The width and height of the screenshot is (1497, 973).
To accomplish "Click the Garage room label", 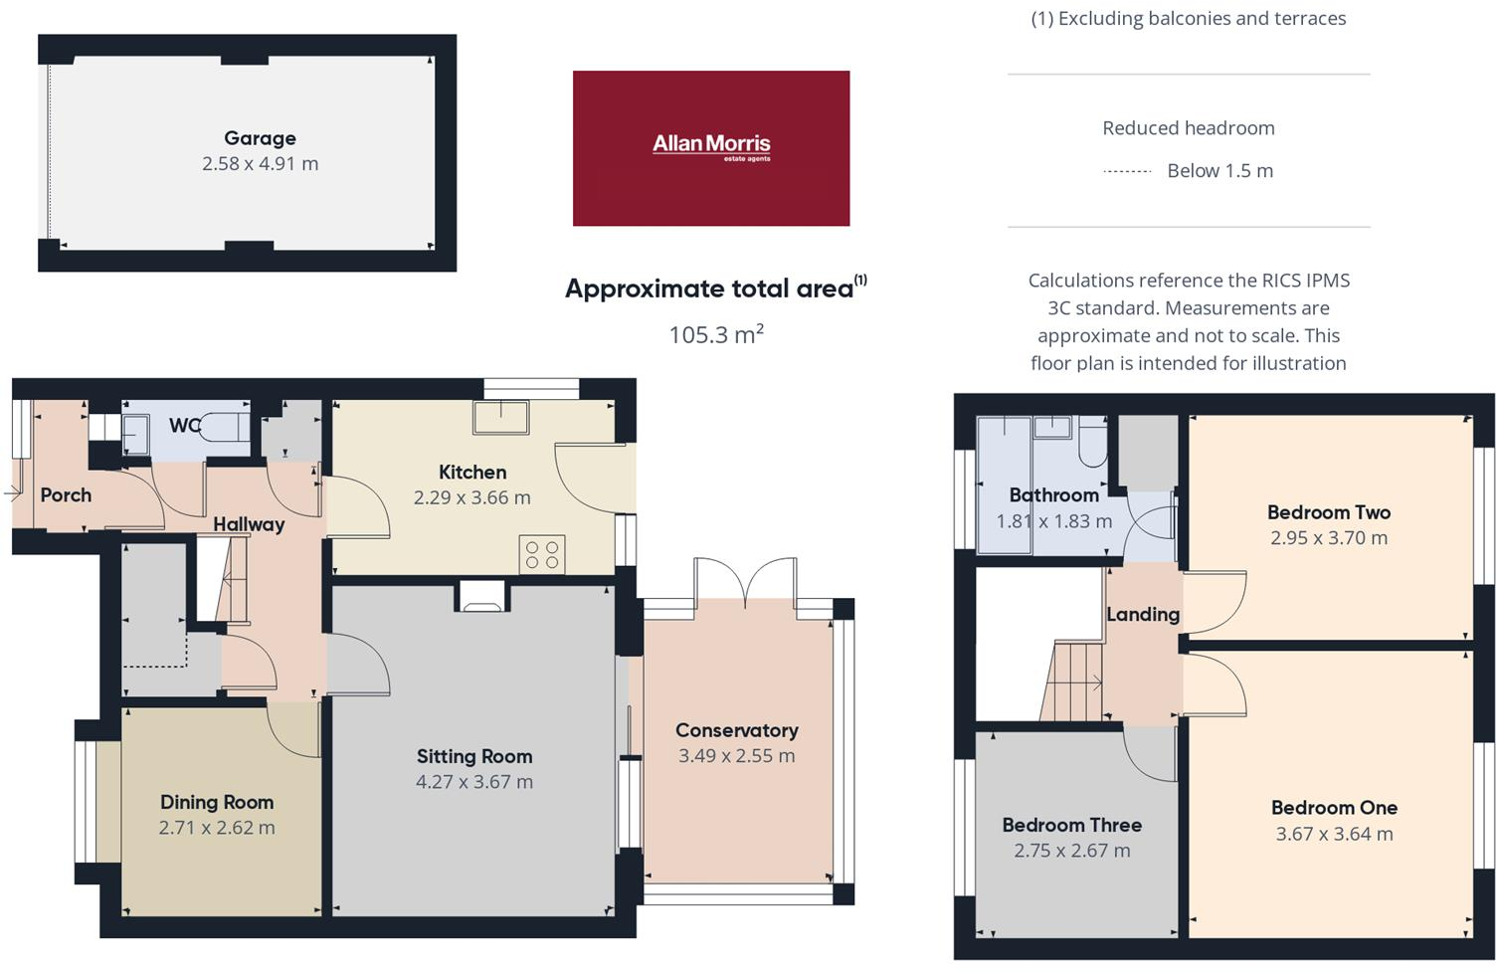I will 260,138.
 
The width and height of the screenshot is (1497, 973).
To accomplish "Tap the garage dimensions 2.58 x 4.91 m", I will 260,164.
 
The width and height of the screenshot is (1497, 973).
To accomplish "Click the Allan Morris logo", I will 711,147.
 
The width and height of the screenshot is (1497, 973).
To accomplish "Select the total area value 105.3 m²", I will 715,334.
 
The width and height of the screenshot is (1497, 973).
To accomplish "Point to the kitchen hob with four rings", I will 542,555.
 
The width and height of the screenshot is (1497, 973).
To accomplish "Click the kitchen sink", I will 501,417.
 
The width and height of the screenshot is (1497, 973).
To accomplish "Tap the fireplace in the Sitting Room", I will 482,597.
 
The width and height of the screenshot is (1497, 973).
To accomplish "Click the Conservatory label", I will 736,730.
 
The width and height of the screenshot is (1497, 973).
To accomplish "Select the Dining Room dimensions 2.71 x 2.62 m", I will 217,828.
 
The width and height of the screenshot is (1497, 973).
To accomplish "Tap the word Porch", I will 66,495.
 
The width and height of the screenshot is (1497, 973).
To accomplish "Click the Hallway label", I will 249,524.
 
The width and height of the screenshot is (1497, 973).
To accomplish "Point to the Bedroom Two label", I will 1328,512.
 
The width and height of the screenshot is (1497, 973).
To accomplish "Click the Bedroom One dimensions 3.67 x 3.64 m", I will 1334,834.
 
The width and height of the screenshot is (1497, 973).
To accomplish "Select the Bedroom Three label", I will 1071,825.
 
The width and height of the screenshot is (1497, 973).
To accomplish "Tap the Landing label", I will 1143,615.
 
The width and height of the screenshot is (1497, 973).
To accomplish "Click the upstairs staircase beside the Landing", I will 1073,681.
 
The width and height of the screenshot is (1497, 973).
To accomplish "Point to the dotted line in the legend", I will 1127,171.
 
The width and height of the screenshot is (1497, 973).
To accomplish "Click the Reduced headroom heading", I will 1188,128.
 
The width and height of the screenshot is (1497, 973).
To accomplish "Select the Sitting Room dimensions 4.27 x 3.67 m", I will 474,782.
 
